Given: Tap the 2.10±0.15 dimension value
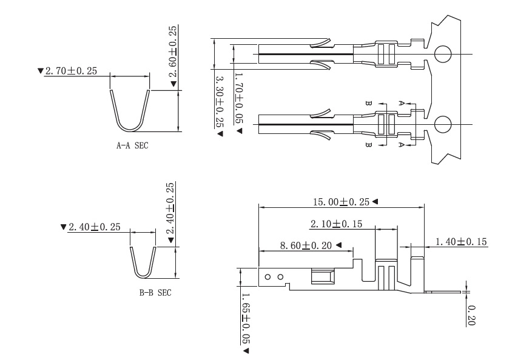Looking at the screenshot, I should (x=336, y=224).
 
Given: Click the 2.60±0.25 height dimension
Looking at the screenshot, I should (x=173, y=52).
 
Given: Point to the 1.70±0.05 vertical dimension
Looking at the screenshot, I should (x=238, y=98).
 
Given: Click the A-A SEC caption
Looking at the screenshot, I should (x=132, y=145).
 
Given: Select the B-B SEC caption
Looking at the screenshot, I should (x=155, y=293).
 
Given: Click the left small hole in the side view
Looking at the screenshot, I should (x=268, y=276).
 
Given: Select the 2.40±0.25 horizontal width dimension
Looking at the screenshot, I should (x=94, y=227).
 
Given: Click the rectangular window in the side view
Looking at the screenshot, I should (x=321, y=276).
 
